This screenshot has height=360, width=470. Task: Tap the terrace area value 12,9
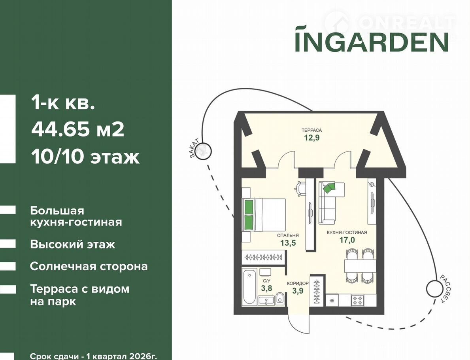[312, 138]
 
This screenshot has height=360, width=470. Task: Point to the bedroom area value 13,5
[288, 243]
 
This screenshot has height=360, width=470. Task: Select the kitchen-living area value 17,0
[347, 240]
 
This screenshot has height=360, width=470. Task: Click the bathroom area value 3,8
[266, 288]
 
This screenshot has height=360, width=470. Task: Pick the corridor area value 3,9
[297, 290]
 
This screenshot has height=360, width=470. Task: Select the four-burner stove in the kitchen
[357, 300]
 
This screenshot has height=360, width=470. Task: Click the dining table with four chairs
[359, 265]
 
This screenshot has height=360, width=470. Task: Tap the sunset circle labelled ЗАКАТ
[204, 150]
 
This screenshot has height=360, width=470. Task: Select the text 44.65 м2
[77, 130]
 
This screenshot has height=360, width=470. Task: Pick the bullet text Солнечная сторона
[89, 266]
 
